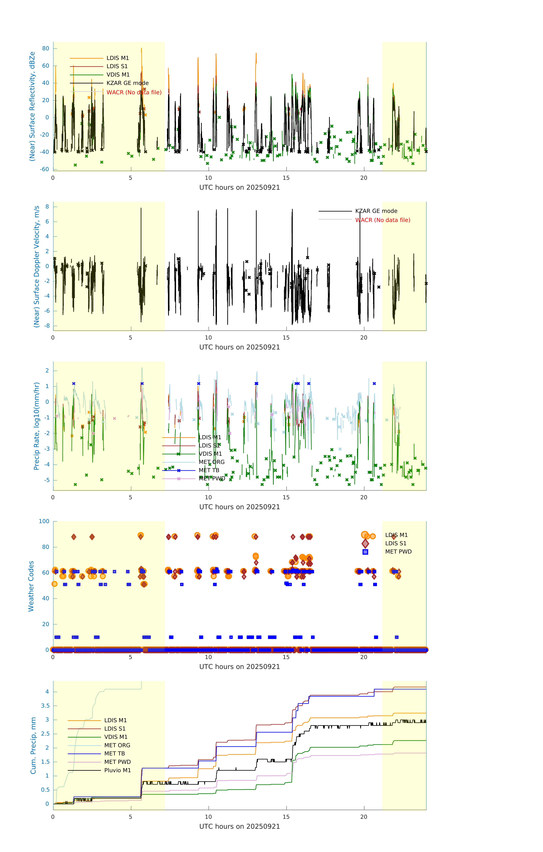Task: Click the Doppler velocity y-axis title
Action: [x=36, y=266]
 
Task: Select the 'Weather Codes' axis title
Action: [x=31, y=586]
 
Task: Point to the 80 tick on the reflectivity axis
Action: [x=46, y=48]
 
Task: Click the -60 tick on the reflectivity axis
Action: [x=45, y=169]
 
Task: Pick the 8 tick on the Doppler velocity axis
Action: [x=47, y=207]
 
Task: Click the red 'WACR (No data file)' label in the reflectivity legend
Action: [x=134, y=92]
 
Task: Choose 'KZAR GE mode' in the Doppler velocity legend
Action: [x=376, y=211]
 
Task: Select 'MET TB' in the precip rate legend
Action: [x=209, y=470]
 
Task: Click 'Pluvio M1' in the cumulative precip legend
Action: [x=117, y=770]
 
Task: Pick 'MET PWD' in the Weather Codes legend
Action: [x=398, y=552]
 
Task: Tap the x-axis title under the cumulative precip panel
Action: [x=239, y=827]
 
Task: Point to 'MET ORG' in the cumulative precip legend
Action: [x=117, y=745]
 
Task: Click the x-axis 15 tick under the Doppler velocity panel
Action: [x=286, y=338]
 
